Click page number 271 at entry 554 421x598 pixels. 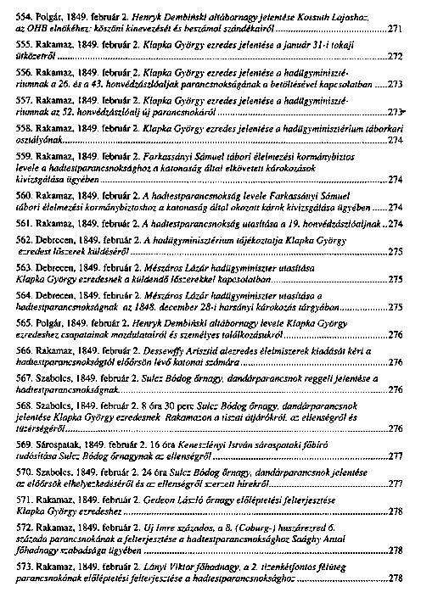coord(395,29)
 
